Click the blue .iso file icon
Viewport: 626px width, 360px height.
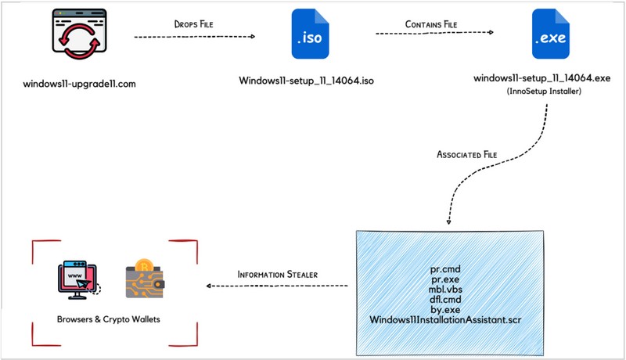310,35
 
